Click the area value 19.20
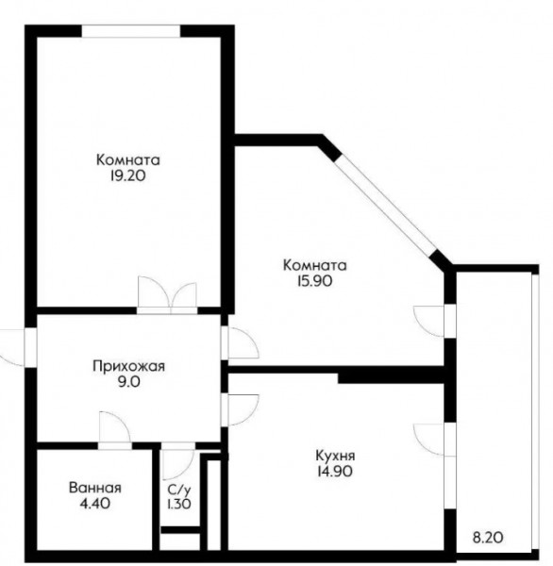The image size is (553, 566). tap(127, 175)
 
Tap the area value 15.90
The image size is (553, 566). tap(314, 281)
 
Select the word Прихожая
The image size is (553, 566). tap(128, 366)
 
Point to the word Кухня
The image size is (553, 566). tap(335, 456)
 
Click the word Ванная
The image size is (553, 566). tap(95, 488)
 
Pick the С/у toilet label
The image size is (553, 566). tap(178, 490)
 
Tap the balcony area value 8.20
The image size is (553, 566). tap(488, 539)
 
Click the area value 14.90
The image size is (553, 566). tap(335, 472)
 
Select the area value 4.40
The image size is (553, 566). tap(95, 503)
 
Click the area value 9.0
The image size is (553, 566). tap(129, 381)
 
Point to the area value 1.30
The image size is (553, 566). tap(178, 504)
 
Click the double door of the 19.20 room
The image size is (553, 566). tap(167, 295)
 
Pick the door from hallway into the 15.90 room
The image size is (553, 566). tap(240, 343)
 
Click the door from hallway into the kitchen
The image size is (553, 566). tap(240, 409)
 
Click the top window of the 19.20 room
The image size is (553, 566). tap(131, 31)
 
